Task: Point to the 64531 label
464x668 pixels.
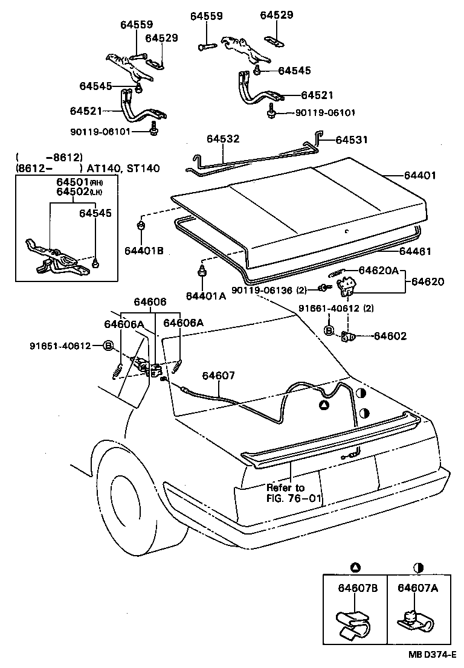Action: (x=352, y=140)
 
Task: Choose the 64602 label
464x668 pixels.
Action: (x=390, y=336)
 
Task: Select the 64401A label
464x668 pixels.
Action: (x=205, y=295)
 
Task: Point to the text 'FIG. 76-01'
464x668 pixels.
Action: (x=294, y=499)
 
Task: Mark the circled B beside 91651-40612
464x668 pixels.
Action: (x=108, y=346)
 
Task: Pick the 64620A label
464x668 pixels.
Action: (x=379, y=271)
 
